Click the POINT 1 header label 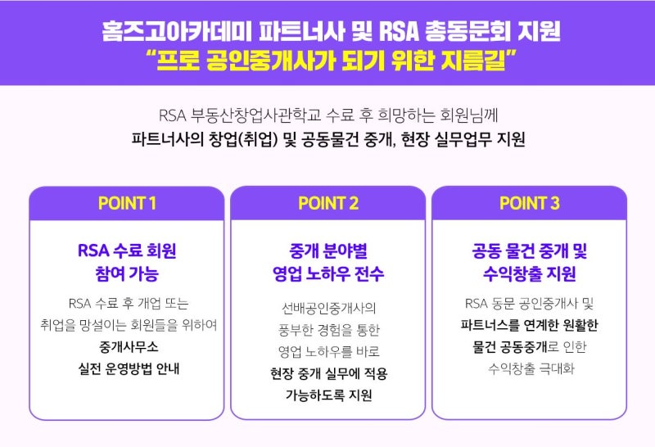127,204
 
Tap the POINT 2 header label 328,204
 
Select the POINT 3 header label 530,204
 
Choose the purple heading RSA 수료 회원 127,250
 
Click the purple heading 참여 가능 127,273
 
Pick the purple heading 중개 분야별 328,250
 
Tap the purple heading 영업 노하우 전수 328,273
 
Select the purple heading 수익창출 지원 530,273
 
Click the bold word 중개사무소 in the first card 127,346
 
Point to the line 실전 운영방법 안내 127,368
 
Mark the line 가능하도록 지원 328,395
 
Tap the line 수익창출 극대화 530,368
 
